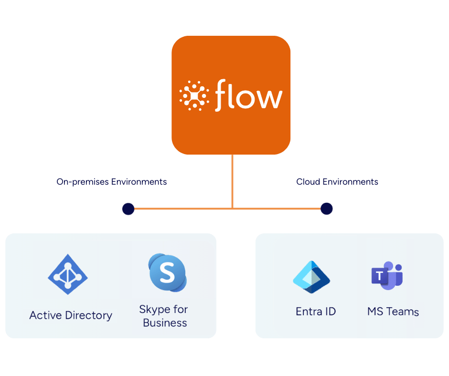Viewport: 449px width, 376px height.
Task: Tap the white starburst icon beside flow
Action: point(194,95)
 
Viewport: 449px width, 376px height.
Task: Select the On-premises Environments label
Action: point(112,182)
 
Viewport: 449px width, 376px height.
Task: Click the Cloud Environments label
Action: point(337,182)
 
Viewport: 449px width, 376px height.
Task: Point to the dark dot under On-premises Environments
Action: point(128,209)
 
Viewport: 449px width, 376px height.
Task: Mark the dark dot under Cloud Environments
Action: point(327,209)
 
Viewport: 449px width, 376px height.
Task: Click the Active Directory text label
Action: point(71,315)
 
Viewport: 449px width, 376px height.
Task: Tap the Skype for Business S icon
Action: point(167,272)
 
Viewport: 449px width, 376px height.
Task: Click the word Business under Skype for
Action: point(165,323)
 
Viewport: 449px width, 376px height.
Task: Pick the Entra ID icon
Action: point(311,277)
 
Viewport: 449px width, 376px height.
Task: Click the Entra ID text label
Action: point(316,312)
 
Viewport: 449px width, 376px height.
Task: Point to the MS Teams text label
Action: point(393,312)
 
